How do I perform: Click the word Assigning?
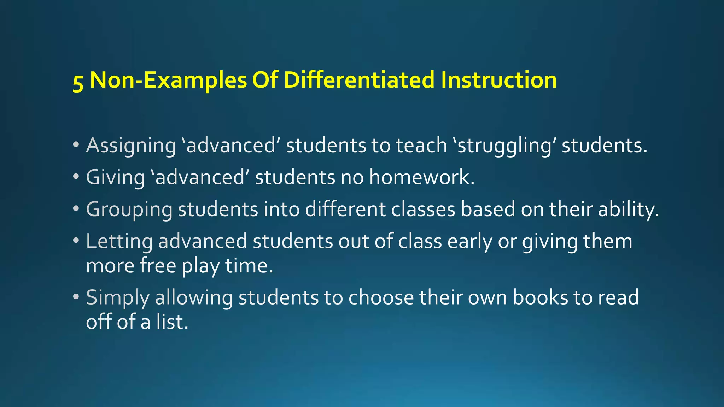coord(131,146)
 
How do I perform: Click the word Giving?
coord(115,177)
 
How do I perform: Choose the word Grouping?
coord(129,210)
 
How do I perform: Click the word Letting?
coord(119,242)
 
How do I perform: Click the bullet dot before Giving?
coord(76,177)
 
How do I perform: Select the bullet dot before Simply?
coord(76,297)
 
